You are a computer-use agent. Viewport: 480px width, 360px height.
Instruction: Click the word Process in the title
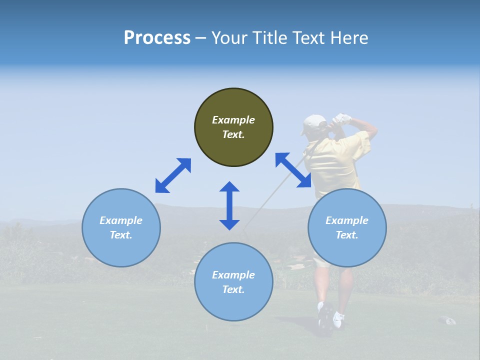[x=157, y=38]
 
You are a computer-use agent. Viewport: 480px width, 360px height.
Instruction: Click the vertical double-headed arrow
[x=229, y=205]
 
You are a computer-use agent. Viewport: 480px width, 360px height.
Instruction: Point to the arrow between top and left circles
[x=173, y=175]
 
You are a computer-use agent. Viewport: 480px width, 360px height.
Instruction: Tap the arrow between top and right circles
[x=293, y=170]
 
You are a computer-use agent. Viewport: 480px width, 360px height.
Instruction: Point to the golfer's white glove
[x=342, y=118]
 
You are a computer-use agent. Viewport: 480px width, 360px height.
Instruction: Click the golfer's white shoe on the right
[x=338, y=318]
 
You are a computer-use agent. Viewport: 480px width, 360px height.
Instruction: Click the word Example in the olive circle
[x=233, y=120]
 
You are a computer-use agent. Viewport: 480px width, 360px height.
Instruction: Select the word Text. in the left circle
[x=121, y=235]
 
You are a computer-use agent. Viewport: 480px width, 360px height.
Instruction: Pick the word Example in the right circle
[x=347, y=220]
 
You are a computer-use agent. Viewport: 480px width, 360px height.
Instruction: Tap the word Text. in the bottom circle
[x=233, y=289]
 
